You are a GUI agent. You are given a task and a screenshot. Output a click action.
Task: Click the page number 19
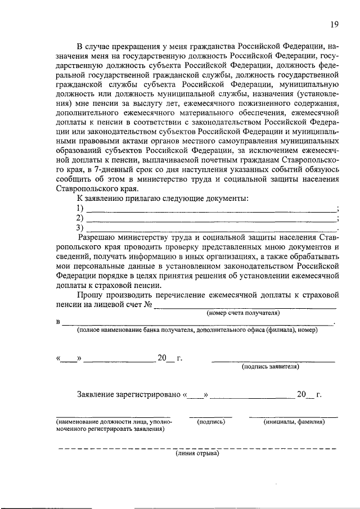tap(334, 24)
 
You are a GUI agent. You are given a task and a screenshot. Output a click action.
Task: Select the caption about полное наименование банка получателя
tap(197, 330)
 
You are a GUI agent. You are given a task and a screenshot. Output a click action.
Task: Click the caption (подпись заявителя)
tap(270, 367)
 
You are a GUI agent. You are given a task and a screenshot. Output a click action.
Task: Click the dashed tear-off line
tap(197, 448)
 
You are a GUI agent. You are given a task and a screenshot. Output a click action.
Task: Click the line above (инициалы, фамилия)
tap(294, 417)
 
